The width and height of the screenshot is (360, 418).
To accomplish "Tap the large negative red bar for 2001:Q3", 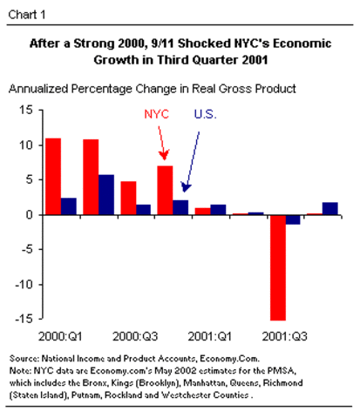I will click(x=278, y=266).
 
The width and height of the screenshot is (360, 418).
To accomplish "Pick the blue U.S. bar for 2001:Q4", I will click(x=330, y=208).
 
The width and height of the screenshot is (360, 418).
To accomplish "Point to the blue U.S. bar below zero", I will click(x=294, y=219).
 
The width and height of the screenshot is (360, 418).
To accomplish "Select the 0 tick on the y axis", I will click(x=29, y=214).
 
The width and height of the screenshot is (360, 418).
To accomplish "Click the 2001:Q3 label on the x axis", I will click(x=285, y=335).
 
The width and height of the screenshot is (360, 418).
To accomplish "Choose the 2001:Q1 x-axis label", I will click(x=210, y=335).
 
